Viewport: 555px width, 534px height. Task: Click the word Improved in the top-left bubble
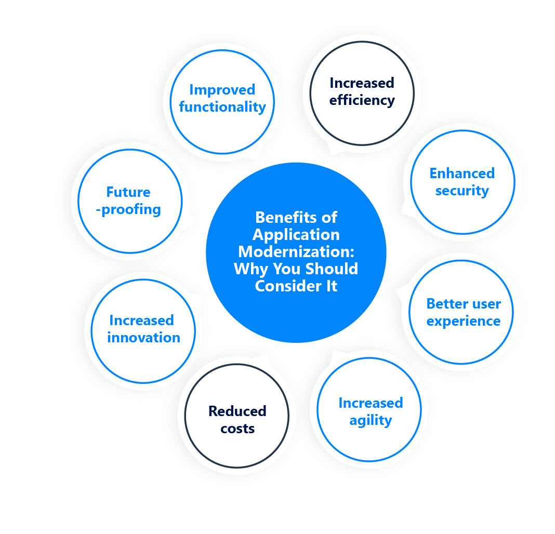[222, 90]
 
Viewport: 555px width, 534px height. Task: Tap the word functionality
[222, 107]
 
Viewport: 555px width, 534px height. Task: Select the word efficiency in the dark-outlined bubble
[362, 100]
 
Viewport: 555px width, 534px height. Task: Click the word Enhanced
[462, 173]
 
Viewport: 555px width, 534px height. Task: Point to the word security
[462, 191]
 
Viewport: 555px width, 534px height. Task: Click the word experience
[463, 321]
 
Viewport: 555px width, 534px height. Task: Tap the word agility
[371, 420]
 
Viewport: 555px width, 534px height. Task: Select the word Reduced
[237, 411]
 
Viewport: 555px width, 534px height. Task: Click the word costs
[237, 429]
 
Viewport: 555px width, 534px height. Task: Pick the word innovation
[143, 338]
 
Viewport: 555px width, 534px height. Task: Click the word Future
[128, 192]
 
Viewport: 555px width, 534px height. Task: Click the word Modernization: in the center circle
[296, 251]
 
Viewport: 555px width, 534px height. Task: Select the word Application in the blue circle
[296, 234]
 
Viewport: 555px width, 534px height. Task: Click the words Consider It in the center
[296, 286]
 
